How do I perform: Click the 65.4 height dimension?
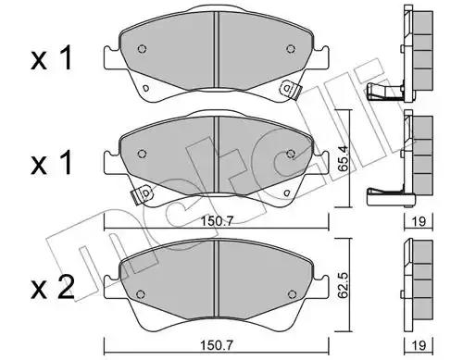pos(344,159)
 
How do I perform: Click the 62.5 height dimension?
pos(344,284)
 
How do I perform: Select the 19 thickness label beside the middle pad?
pos(419,221)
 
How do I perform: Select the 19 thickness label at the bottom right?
pos(419,345)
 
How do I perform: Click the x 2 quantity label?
pos(53,288)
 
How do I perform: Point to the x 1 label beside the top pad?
pos(52,57)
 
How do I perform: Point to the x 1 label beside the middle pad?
pos(52,163)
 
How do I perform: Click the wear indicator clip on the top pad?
pos(290,90)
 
